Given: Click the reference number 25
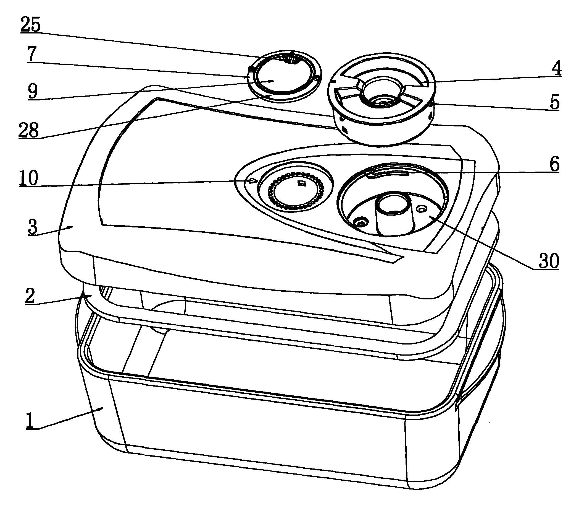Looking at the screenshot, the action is tap(30, 25).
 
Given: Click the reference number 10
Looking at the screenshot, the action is tap(29, 178).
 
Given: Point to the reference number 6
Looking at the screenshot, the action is tap(555, 164).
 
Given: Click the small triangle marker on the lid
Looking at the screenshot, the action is tap(252, 180).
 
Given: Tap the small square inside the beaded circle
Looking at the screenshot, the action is tap(301, 183).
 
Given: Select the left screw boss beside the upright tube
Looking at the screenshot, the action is tap(361, 223).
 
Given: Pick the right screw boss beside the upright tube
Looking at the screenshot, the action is tap(421, 208).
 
